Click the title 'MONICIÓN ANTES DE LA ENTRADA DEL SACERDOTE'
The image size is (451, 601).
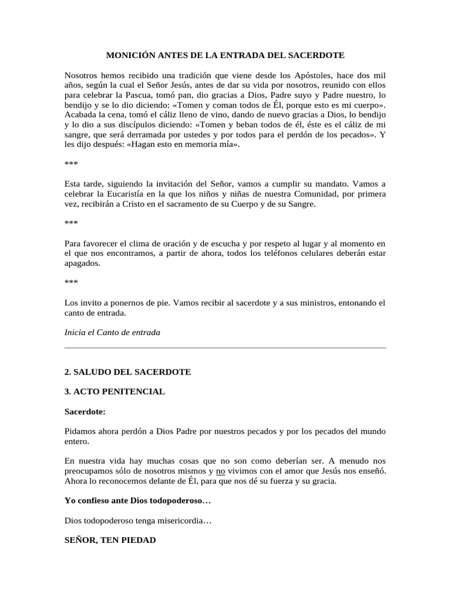225,55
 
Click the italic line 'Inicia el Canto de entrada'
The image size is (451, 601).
112,332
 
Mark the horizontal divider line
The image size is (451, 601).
225,348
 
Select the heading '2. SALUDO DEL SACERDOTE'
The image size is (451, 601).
127,372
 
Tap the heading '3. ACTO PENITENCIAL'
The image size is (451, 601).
115,391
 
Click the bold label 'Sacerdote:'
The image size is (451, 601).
85,412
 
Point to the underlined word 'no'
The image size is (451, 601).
221,471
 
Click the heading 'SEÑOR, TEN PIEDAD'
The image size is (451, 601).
110,540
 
